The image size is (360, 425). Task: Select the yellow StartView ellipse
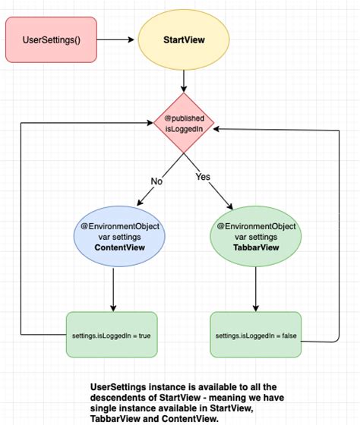(x=183, y=39)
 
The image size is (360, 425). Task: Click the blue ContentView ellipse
(x=114, y=237)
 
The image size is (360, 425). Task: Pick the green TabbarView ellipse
(x=255, y=237)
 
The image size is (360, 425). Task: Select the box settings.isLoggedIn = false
(x=255, y=335)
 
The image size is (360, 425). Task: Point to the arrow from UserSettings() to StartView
(x=116, y=39)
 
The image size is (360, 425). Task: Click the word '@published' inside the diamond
(x=185, y=118)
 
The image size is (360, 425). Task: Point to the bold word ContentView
(x=114, y=248)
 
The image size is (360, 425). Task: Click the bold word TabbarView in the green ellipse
(x=255, y=247)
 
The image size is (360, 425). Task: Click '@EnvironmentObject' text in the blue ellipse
(x=114, y=225)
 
